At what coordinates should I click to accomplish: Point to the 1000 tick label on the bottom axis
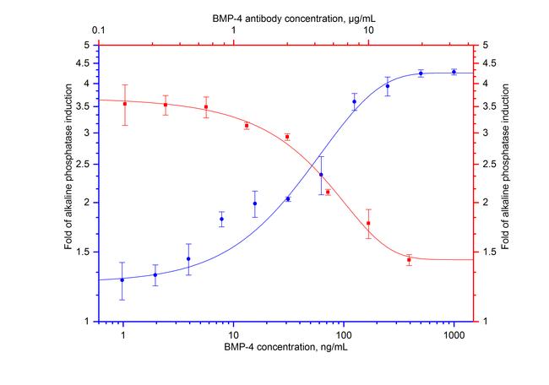coord(454,334)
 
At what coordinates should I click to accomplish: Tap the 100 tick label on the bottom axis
coord(344,334)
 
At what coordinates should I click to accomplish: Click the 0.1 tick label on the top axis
coord(99,30)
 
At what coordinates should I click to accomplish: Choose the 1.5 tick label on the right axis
coord(490,252)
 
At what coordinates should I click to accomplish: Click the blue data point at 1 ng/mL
coord(122,279)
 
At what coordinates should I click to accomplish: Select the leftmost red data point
coord(125,104)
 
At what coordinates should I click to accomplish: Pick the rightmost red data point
coord(409,260)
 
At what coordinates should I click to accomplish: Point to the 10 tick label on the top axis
coord(369,30)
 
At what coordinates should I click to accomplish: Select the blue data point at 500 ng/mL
coord(421,73)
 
